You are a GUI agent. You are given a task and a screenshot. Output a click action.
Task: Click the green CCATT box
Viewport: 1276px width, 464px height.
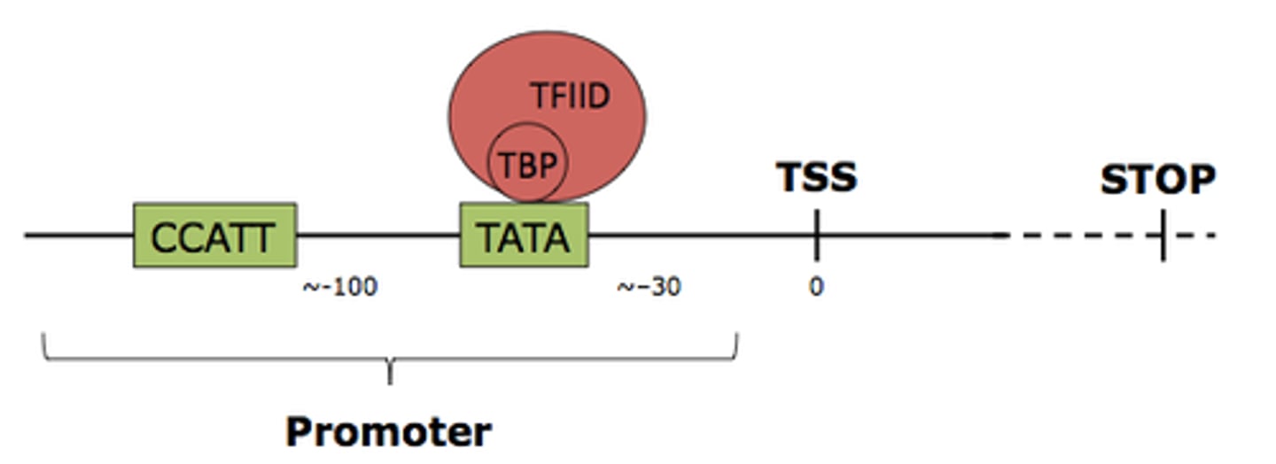click(214, 235)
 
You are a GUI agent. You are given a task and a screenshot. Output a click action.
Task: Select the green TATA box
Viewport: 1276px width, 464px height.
click(524, 235)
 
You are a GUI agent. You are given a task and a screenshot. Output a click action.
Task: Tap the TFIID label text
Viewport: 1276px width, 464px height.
click(571, 95)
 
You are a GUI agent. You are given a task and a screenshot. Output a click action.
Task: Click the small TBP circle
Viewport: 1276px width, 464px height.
click(527, 165)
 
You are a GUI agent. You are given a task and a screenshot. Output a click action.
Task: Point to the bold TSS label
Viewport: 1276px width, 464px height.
click(816, 177)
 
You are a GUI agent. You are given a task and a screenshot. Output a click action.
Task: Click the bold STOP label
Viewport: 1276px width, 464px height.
click(1157, 180)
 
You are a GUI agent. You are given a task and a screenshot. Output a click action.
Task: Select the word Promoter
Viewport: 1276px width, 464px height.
click(388, 432)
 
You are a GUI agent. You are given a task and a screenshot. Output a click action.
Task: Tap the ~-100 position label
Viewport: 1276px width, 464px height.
click(340, 287)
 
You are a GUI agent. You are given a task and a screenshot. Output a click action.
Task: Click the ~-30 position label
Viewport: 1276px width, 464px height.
click(650, 287)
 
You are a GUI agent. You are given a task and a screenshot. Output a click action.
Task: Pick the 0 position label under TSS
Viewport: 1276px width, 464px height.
click(815, 287)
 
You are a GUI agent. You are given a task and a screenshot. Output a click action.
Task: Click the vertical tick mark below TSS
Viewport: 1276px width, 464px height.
click(816, 235)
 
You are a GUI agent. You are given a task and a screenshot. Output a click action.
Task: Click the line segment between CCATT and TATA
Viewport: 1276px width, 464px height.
click(377, 235)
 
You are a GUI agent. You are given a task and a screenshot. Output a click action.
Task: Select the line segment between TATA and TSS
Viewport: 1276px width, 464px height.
click(700, 235)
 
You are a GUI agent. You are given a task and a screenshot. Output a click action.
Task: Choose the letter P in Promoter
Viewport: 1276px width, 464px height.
click(299, 432)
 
